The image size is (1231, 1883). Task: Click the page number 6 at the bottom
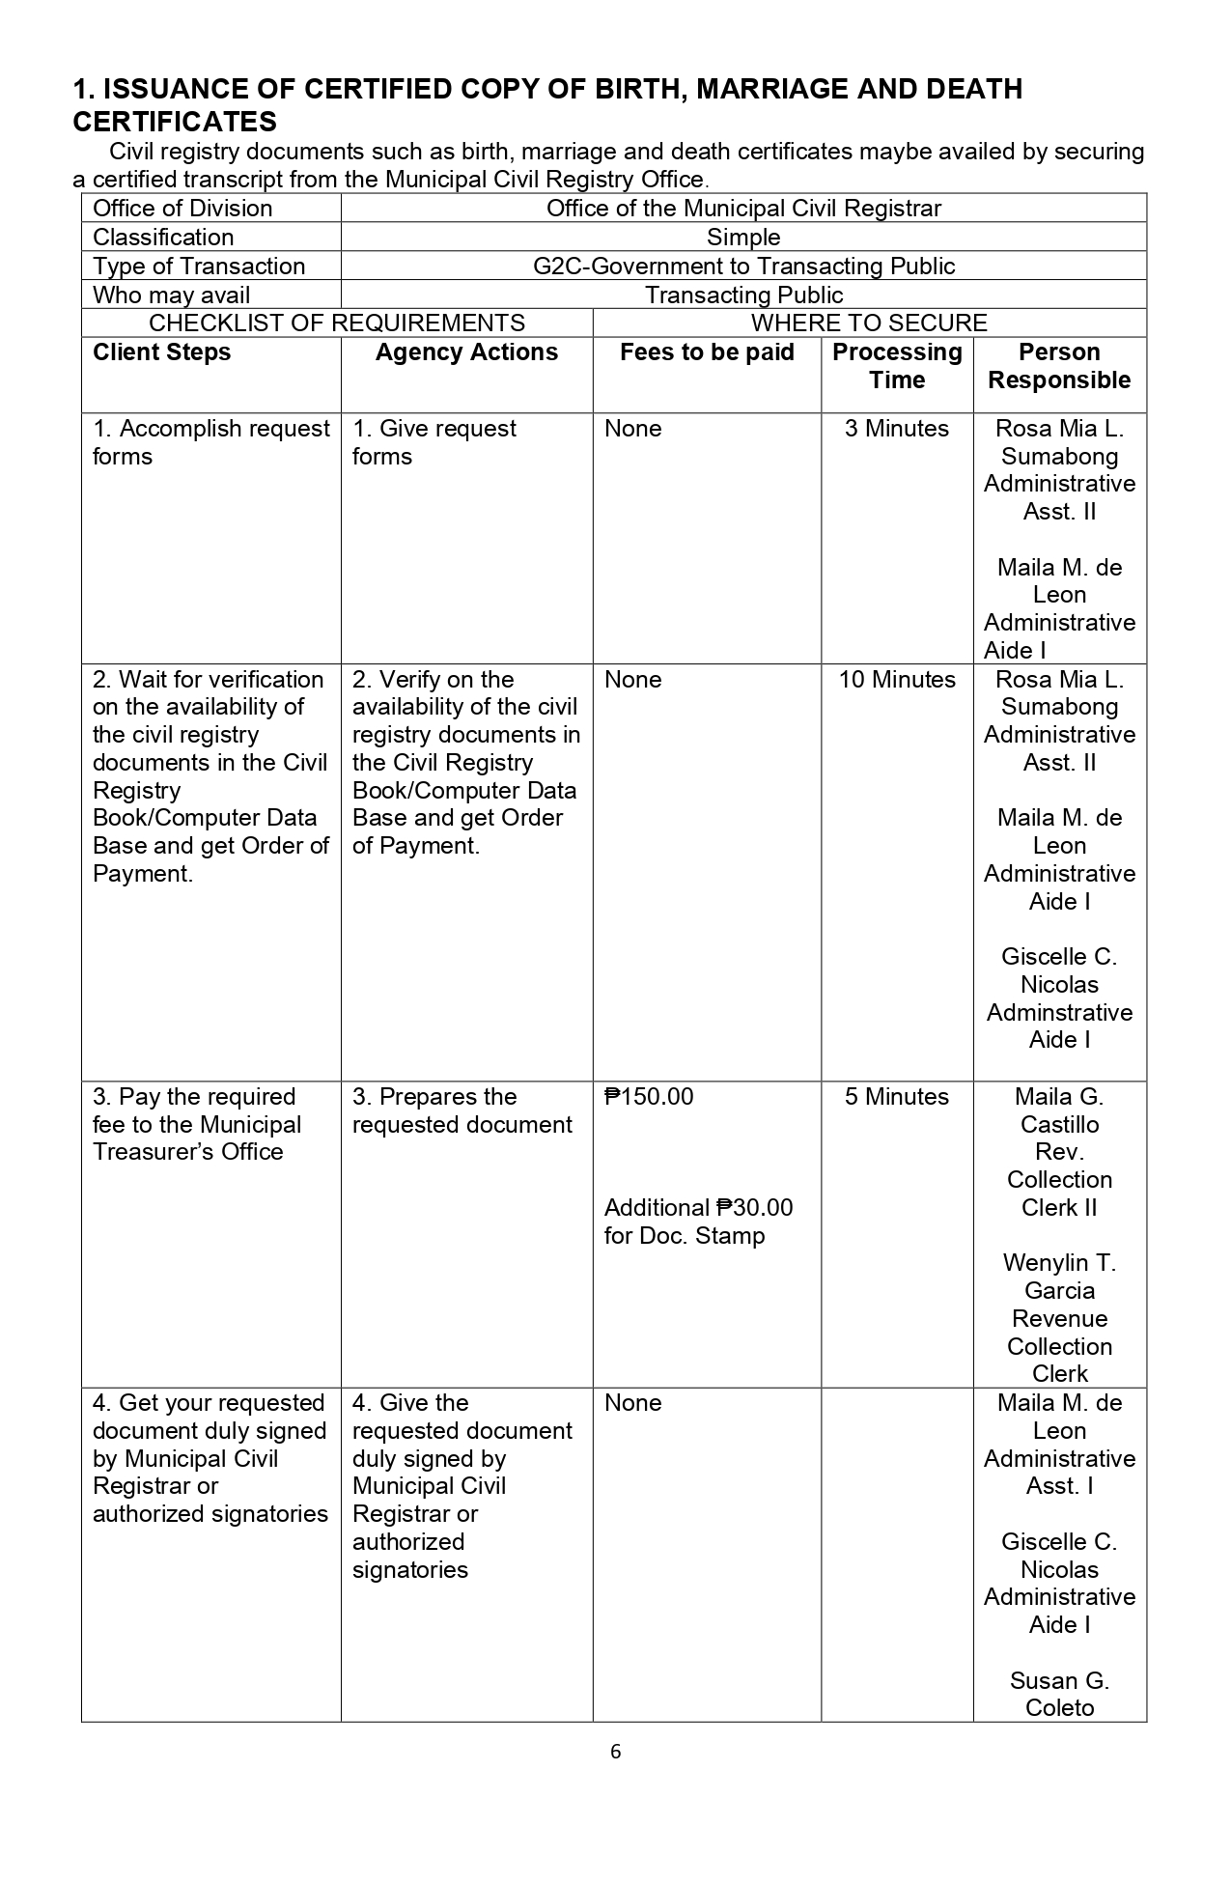[x=616, y=1751]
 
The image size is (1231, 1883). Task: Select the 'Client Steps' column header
[x=161, y=352]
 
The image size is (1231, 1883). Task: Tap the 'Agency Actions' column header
[x=466, y=352]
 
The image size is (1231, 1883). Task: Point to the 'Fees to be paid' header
[x=707, y=352]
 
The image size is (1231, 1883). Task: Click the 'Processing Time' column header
[x=897, y=366]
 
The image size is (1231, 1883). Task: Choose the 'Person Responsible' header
[x=1059, y=366]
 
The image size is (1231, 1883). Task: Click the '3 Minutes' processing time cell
[x=897, y=429]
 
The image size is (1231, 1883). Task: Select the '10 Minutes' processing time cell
[x=897, y=680]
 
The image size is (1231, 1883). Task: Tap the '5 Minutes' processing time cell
[x=897, y=1097]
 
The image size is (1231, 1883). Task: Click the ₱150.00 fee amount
[x=649, y=1097]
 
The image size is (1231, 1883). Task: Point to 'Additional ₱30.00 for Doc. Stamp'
[x=698, y=1222]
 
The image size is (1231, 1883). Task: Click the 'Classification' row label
[x=163, y=238]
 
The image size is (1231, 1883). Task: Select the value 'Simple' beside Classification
[x=743, y=238]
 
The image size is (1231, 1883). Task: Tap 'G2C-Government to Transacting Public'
[x=743, y=267]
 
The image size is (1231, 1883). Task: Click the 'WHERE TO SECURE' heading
[x=869, y=323]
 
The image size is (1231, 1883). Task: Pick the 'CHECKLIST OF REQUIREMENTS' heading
[x=337, y=323]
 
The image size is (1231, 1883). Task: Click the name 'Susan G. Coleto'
[x=1059, y=1694]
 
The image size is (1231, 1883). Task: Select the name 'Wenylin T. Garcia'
[x=1059, y=1277]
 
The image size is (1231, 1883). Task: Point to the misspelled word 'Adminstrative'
[x=1059, y=1013]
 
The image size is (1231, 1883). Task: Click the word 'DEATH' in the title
[x=974, y=90]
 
